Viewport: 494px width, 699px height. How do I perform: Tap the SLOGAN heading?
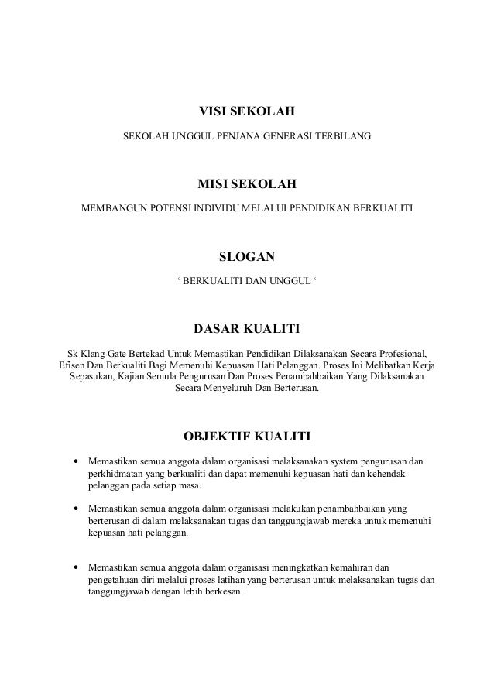[247, 257]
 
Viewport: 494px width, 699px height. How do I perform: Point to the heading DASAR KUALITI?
[247, 329]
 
